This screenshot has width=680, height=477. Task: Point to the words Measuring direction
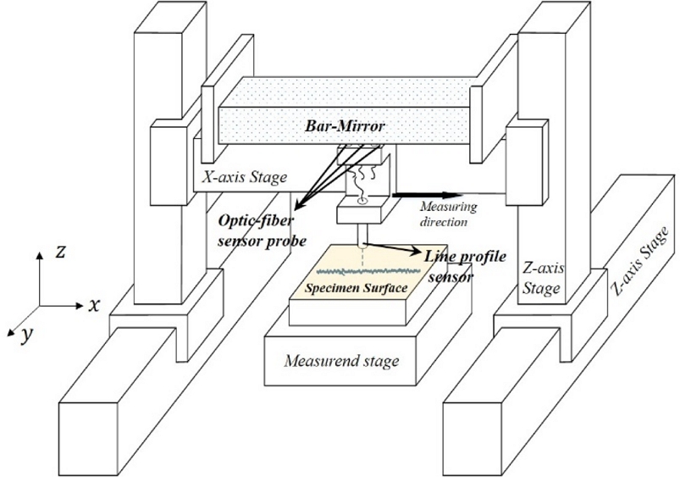coord(449,213)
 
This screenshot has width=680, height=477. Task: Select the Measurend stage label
coord(341,362)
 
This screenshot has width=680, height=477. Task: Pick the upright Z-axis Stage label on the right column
coord(541,280)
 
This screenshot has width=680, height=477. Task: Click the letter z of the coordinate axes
coord(56,251)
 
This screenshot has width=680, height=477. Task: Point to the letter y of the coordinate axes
coord(27,335)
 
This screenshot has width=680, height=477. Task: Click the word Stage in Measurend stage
coord(379,362)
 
